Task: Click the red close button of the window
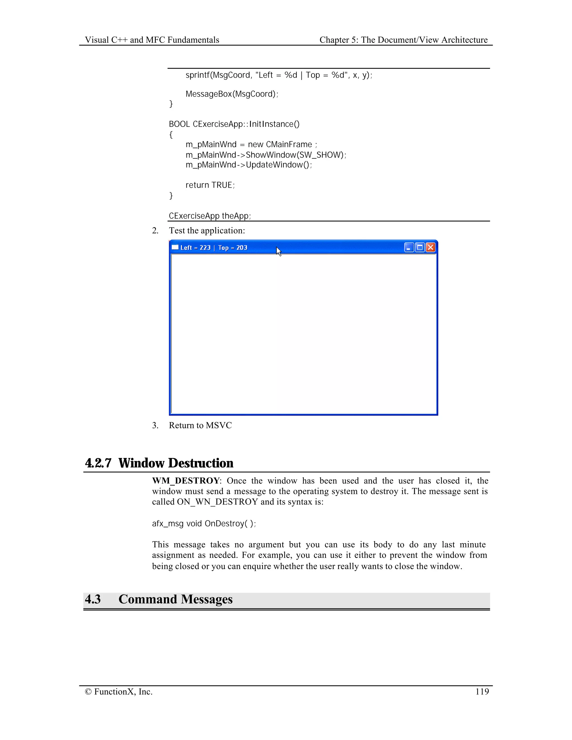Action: click(430, 247)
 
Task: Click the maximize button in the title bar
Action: click(420, 247)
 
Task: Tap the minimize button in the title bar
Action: click(409, 247)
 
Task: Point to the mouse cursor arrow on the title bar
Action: click(278, 251)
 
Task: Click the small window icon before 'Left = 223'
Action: click(175, 247)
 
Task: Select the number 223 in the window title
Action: click(205, 248)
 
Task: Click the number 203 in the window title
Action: click(242, 248)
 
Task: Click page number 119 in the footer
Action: click(482, 691)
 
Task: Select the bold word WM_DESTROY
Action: click(186, 481)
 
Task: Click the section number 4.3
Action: click(92, 599)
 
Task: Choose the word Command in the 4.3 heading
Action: click(147, 599)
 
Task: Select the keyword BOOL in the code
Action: click(179, 124)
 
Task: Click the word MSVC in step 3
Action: click(219, 425)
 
